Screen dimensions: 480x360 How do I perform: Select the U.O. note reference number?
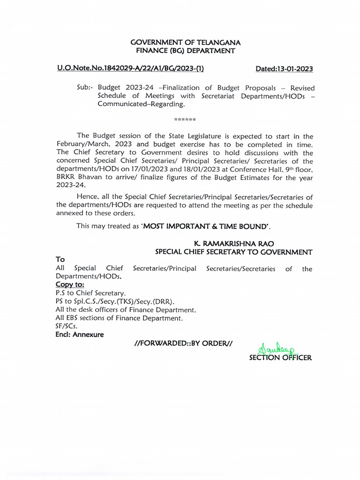point(130,68)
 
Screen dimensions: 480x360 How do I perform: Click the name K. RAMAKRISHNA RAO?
point(234,244)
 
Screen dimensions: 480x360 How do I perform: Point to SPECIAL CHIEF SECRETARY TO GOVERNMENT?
point(233,252)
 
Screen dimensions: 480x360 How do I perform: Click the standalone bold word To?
point(60,260)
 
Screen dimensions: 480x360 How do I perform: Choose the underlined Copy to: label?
point(70,285)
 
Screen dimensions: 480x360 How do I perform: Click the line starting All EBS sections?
point(118,318)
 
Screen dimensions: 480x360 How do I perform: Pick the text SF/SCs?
point(67,326)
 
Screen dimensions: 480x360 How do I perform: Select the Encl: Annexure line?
point(80,335)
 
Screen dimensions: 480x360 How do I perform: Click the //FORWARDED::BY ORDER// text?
point(183,344)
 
